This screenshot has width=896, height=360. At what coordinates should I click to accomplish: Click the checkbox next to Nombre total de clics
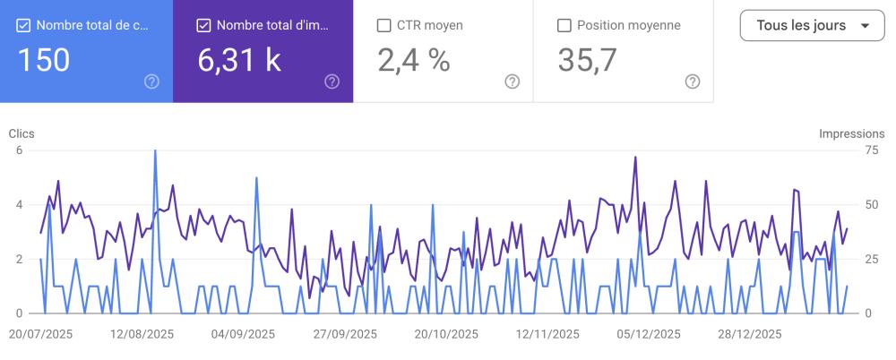point(24,25)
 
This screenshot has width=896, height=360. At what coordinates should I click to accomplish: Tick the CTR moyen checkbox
point(384,25)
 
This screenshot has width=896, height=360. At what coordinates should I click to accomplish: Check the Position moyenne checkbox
point(564,25)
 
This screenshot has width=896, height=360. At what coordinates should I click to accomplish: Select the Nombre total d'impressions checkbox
point(203,25)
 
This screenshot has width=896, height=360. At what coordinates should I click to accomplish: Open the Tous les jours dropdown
point(813,25)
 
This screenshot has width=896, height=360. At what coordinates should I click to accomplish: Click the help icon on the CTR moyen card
point(512,81)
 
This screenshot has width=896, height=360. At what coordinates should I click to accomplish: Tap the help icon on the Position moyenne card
point(692,81)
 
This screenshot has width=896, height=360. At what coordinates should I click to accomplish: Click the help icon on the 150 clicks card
point(151,81)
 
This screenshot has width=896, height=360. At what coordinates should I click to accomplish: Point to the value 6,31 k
point(238,59)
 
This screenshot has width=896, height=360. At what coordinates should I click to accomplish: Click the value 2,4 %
point(413,59)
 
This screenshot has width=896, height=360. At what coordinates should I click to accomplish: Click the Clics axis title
point(22,133)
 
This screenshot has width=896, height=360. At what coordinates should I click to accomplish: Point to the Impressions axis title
point(851,133)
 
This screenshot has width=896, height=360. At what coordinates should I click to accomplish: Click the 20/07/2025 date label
point(40,334)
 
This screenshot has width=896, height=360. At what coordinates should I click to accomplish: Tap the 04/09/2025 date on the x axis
point(243,334)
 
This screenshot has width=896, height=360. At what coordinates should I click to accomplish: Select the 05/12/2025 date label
point(649,334)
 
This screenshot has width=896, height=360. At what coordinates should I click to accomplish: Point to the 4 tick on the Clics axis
point(19,205)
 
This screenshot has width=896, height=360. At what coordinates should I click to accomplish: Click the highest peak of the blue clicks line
point(155,150)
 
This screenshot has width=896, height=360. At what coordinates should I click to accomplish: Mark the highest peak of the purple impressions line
point(635,158)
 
